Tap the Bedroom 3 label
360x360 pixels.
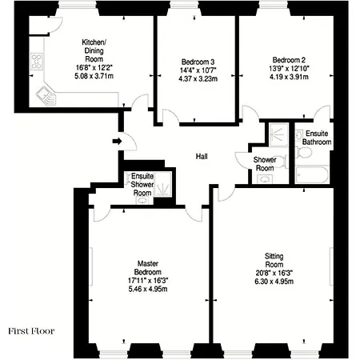pyautogui.click(x=196, y=61)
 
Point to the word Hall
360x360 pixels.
pyautogui.click(x=202, y=158)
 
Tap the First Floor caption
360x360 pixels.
pyautogui.click(x=31, y=329)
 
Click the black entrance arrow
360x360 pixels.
pyautogui.click(x=117, y=142)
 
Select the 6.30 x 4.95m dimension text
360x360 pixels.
pyautogui.click(x=274, y=281)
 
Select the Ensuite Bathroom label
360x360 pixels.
pyautogui.click(x=313, y=138)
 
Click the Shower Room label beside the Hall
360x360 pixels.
pyautogui.click(x=265, y=164)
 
